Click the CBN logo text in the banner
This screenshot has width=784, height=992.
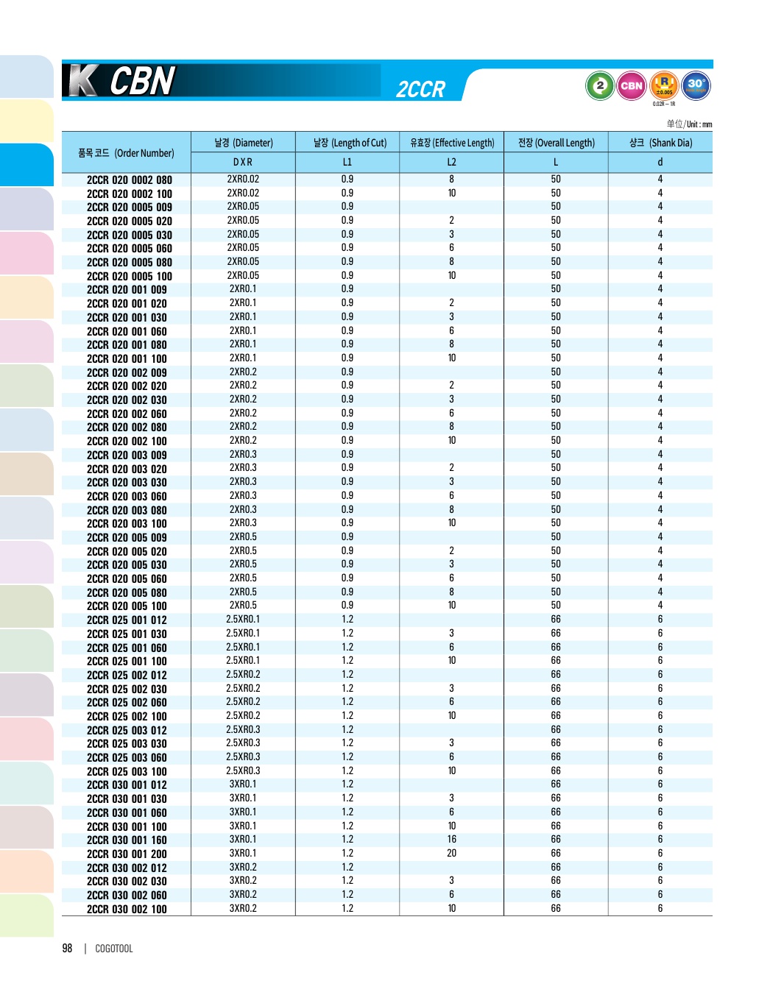pos(141,81)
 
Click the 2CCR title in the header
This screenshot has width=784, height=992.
pos(420,90)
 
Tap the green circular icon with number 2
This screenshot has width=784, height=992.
pos(600,86)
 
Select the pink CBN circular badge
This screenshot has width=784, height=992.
pos(632,86)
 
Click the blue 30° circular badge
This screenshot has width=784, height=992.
pos(696,85)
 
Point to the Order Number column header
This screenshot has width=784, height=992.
pos(126,153)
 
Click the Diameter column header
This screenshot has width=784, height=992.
pos(243,143)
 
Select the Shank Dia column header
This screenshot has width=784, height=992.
pos(660,143)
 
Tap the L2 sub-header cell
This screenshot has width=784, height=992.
pos(451,162)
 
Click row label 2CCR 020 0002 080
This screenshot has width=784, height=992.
pos(129,180)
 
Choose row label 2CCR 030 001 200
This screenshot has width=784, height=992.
pos(127,854)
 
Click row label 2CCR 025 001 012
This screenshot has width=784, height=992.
pos(127,620)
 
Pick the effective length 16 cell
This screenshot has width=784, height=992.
pos(451,840)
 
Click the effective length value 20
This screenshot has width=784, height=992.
pos(451,854)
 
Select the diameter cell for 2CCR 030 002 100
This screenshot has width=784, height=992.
pos(243,909)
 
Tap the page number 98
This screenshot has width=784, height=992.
pos(67,949)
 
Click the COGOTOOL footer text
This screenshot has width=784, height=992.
pos(114,949)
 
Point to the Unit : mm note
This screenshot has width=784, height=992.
pos(690,124)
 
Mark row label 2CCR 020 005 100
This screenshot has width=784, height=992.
pos(127,606)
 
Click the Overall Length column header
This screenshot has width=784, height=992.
pos(556,143)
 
